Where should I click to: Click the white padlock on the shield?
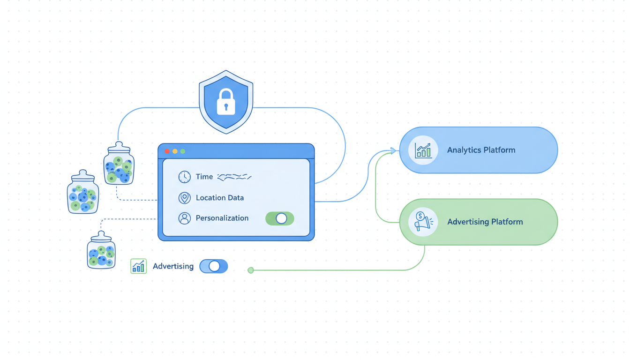[226, 103]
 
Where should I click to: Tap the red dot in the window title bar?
[167, 151]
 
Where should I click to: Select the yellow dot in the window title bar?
[175, 151]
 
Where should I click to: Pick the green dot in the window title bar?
[183, 151]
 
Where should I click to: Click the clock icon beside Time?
[184, 177]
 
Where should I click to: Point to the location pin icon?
[184, 198]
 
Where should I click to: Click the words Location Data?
[220, 198]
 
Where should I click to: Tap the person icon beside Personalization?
[184, 218]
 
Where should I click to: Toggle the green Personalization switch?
[280, 218]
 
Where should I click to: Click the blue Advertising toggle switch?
[214, 266]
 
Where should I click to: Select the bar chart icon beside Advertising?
[139, 266]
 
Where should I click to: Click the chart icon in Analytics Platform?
[423, 150]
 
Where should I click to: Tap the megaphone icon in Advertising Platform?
[423, 222]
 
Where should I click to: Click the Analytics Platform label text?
[481, 150]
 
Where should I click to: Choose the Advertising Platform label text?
[485, 222]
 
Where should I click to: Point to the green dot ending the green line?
[251, 270]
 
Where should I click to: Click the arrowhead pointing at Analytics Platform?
[393, 150]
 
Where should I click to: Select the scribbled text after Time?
[234, 177]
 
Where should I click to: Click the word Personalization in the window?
[222, 218]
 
